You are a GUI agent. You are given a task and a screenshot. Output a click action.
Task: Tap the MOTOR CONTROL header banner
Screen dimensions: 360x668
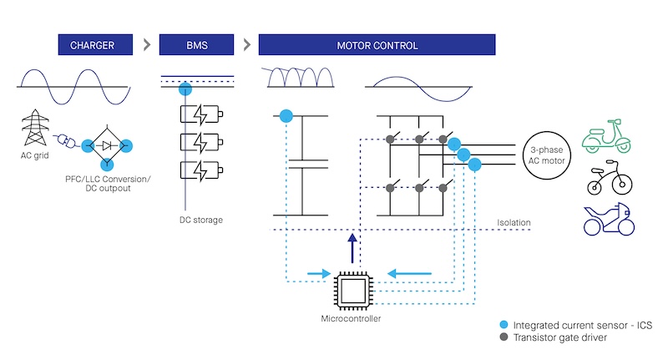pos(377,45)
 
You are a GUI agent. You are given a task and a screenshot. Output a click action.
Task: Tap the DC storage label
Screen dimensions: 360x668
pos(201,220)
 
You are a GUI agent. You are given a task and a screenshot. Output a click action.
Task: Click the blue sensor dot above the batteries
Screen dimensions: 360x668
pos(185,89)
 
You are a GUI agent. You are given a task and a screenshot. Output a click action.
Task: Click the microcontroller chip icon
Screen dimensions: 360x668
pos(352,289)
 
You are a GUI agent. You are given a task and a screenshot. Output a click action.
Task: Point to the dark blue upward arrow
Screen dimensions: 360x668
pos(352,247)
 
